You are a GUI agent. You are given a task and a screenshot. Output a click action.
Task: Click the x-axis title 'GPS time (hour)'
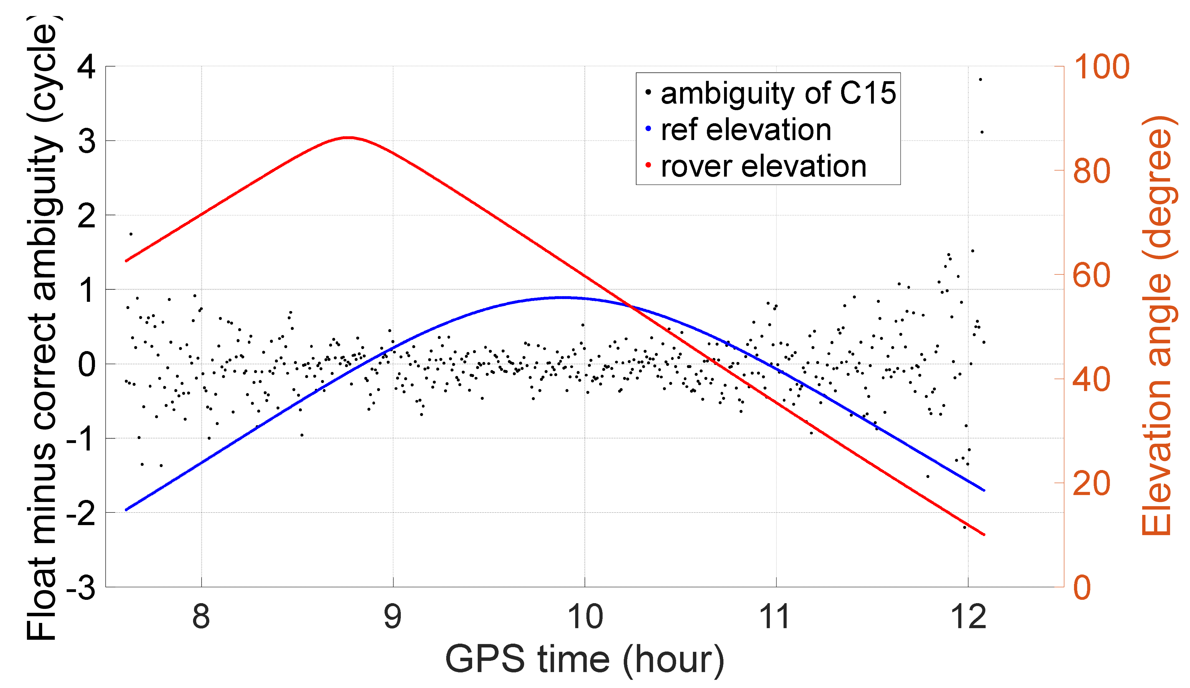pyautogui.click(x=585, y=660)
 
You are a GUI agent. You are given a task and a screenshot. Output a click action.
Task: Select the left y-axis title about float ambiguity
pyautogui.click(x=43, y=328)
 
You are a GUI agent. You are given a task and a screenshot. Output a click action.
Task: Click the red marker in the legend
pyautogui.click(x=648, y=165)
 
